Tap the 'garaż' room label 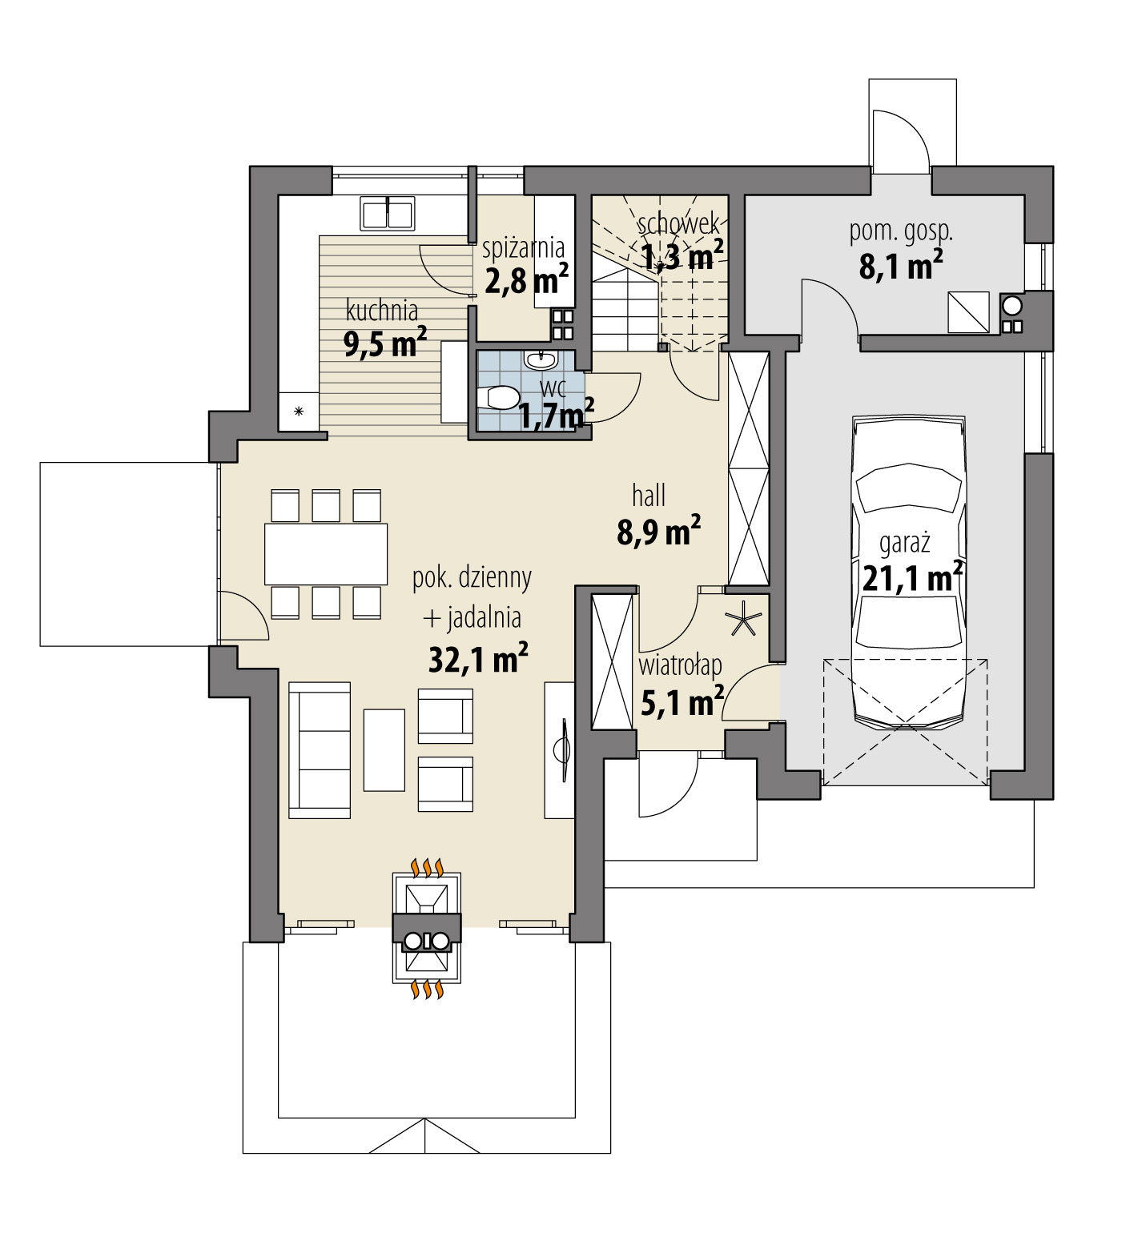point(904,544)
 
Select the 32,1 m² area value point(478,660)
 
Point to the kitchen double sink point(388,214)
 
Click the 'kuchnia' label point(381,309)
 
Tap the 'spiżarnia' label point(524,247)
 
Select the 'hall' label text point(649,496)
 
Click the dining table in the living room point(326,553)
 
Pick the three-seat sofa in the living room point(320,749)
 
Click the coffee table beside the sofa point(385,749)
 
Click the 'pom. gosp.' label point(900,232)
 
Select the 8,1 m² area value point(900,266)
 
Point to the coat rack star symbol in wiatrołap point(744,620)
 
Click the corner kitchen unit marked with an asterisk point(298,412)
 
